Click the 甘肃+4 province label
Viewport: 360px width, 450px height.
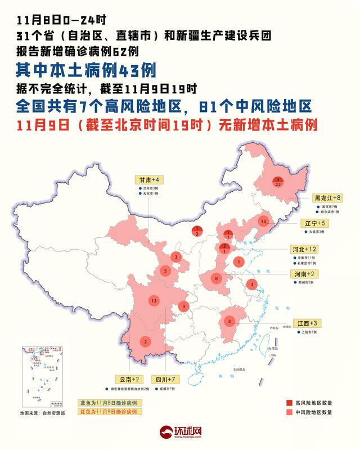149,179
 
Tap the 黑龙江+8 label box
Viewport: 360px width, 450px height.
327,198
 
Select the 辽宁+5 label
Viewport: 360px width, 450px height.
312,223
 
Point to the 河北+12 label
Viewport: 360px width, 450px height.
305,248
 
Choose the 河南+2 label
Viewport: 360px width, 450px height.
304,273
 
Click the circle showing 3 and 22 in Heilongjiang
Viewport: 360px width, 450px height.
277,182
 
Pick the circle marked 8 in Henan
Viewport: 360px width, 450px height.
217,278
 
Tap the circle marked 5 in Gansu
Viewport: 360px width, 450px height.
165,271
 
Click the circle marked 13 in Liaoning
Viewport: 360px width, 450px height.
262,222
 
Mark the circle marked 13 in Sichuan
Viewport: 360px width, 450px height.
154,301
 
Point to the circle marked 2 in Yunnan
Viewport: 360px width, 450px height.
146,341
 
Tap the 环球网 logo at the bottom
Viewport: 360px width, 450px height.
180,432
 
